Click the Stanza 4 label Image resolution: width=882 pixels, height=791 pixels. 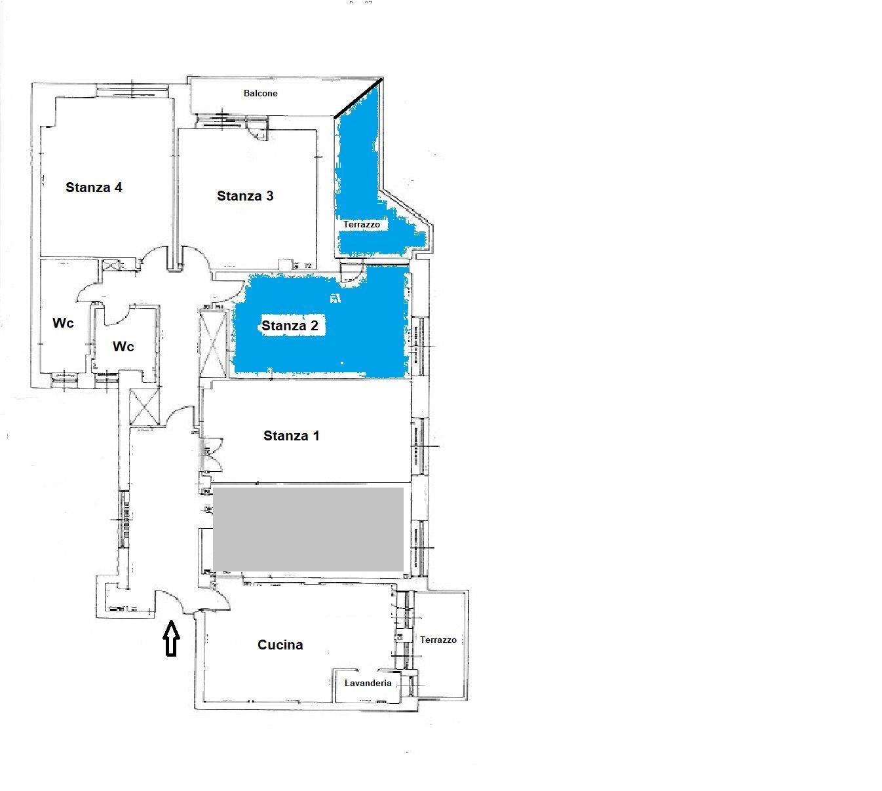[x=94, y=187]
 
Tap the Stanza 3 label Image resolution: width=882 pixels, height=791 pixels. [x=245, y=196]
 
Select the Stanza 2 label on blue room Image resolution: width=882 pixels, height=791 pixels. [x=290, y=326]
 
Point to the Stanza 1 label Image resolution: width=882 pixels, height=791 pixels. [x=291, y=436]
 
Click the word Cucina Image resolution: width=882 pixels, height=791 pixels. [x=280, y=645]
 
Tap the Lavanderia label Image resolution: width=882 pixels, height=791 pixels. [x=368, y=683]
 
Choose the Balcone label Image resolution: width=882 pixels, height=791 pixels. [x=260, y=93]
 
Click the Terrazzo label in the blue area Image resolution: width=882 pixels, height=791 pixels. [x=361, y=225]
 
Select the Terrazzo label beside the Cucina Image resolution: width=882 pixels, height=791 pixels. [x=438, y=640]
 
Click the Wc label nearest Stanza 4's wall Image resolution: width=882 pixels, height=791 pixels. [x=63, y=323]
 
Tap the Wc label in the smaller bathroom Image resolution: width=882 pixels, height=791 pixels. [x=123, y=347]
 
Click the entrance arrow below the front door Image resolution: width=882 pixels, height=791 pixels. [x=171, y=638]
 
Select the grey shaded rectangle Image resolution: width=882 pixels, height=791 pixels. [x=308, y=529]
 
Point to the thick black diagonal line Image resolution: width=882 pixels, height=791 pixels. [x=358, y=98]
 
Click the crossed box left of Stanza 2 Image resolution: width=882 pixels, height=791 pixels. [x=213, y=343]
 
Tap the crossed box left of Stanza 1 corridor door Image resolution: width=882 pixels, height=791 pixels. [x=145, y=408]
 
